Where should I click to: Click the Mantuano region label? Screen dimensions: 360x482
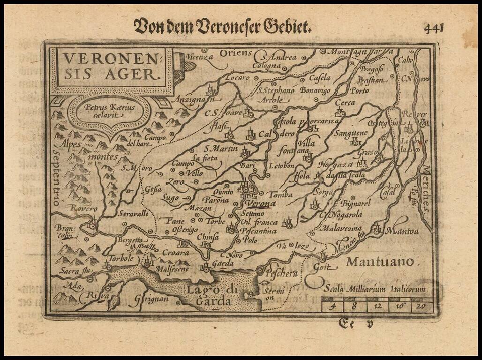pyautogui.click(x=380, y=262)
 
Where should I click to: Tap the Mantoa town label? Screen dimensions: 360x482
pyautogui.click(x=402, y=231)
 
